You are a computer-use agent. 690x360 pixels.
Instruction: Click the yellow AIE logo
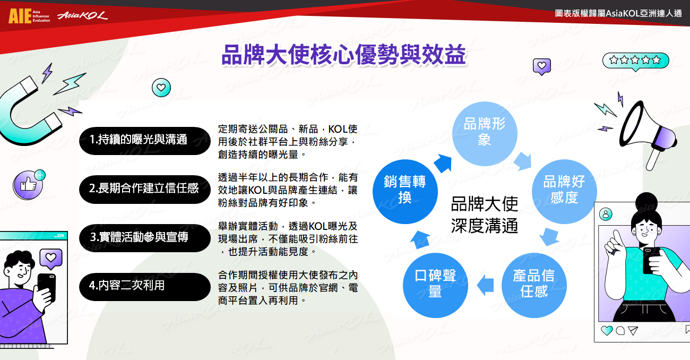point(20,16)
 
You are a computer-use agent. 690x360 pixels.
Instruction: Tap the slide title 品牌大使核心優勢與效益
point(343,55)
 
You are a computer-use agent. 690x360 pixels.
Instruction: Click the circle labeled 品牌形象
point(485,134)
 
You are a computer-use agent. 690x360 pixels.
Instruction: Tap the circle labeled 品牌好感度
point(564,191)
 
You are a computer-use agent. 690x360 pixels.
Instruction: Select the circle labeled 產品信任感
point(534,285)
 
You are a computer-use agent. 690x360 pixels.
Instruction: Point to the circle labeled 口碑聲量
point(435,285)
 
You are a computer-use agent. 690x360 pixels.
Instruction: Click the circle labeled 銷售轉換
point(405,191)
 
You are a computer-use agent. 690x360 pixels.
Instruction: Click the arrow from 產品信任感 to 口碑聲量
point(485,285)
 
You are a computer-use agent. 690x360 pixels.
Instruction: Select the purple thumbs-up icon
point(28,185)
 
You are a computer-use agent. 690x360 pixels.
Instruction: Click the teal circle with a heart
point(161,88)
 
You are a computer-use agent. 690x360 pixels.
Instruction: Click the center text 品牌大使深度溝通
point(485,215)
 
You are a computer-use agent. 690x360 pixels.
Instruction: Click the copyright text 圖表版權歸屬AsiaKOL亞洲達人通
point(618,13)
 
